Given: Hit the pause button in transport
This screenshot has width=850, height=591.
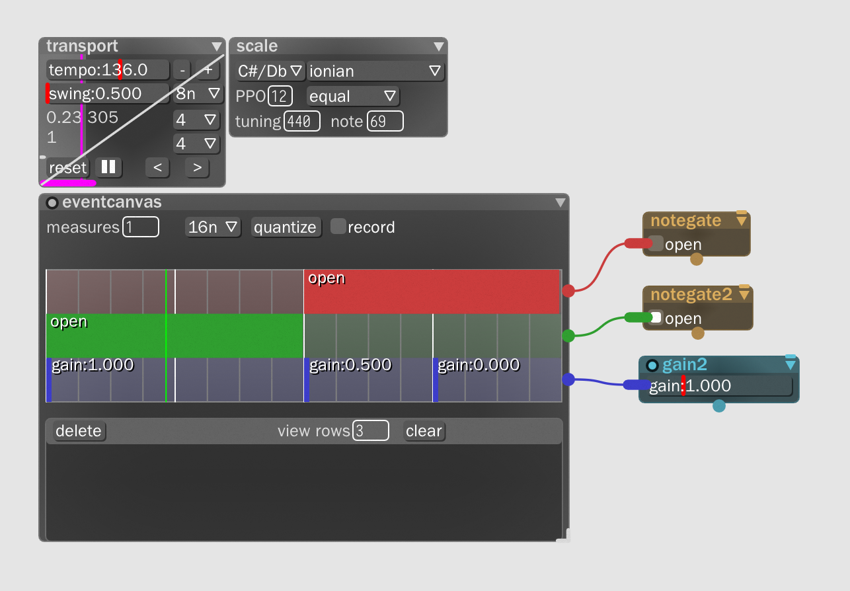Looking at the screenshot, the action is pyautogui.click(x=108, y=167).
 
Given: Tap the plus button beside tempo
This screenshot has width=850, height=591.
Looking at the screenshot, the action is pyautogui.click(x=208, y=69).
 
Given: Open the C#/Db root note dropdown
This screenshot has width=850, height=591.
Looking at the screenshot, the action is pyautogui.click(x=270, y=71).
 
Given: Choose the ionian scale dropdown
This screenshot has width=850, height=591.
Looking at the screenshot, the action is pyautogui.click(x=375, y=71).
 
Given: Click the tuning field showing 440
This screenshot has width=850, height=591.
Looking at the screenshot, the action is pyautogui.click(x=302, y=121).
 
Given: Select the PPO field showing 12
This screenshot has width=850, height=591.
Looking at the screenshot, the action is pyautogui.click(x=280, y=96).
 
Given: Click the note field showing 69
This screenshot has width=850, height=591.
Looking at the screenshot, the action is pyautogui.click(x=385, y=121).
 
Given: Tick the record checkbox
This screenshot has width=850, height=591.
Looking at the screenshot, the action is pyautogui.click(x=338, y=226).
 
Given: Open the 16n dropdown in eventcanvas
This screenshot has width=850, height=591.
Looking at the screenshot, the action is pyautogui.click(x=213, y=227).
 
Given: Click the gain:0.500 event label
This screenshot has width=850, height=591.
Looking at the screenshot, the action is pyautogui.click(x=350, y=365).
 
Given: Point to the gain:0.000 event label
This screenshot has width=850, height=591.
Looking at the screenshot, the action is pyautogui.click(x=479, y=365).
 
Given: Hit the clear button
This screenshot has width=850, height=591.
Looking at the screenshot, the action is pyautogui.click(x=424, y=431).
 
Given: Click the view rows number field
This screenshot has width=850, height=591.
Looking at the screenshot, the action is pyautogui.click(x=370, y=431).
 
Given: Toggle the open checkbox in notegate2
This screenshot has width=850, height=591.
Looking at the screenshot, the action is pyautogui.click(x=655, y=317).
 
